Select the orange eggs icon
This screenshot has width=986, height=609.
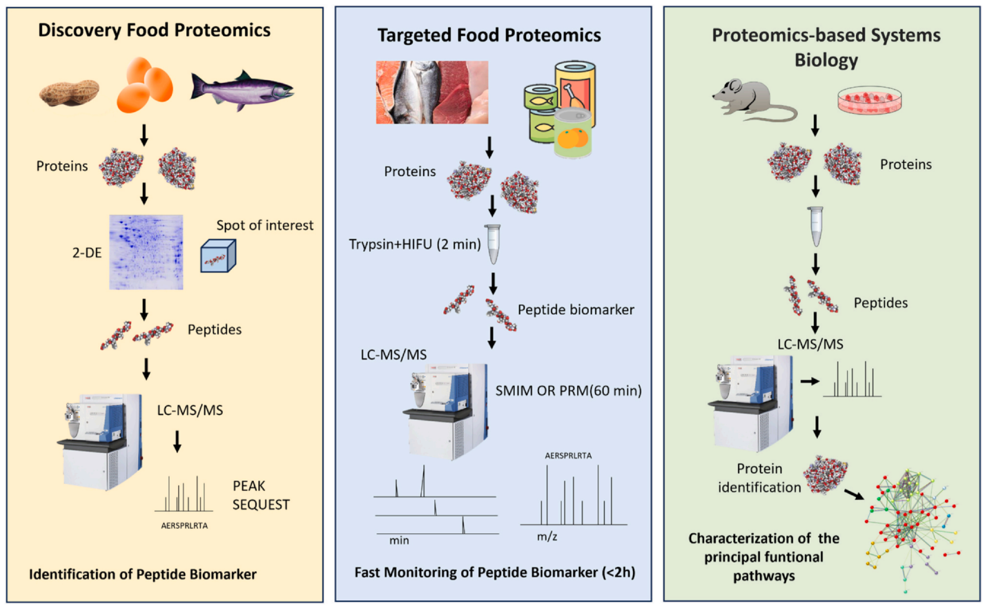coord(144,85)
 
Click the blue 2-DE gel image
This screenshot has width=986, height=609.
coord(146,252)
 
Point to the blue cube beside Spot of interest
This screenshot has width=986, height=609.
coord(218,256)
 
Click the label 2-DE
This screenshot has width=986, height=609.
coord(87,253)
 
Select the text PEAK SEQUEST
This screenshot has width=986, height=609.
coord(261,495)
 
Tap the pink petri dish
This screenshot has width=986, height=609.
coord(869,100)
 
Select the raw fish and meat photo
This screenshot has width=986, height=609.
coord(432,92)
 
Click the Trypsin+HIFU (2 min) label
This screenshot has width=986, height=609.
coord(415,244)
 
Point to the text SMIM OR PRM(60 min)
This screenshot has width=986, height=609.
coord(568,391)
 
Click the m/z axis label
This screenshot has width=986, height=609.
coord(547,536)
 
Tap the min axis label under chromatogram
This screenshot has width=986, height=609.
coord(399,541)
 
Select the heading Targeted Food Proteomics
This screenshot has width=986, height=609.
coord(489,35)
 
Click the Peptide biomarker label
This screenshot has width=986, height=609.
coord(576,310)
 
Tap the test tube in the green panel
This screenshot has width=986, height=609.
coord(815,226)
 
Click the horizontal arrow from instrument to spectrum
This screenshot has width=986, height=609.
coord(809,381)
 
